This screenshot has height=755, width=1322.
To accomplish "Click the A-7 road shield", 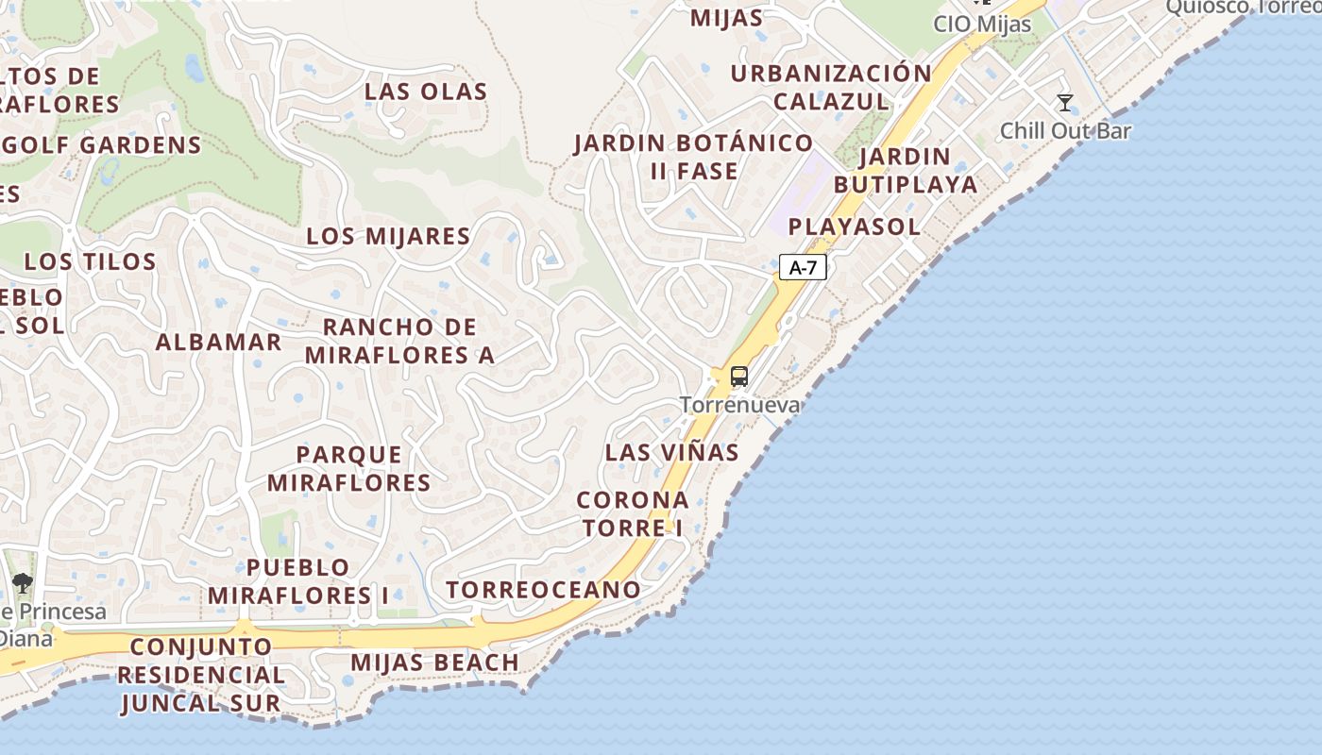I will point(803,268).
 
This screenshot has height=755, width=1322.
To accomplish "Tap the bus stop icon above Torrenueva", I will point(739,377).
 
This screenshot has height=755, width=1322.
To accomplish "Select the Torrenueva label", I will point(739,406).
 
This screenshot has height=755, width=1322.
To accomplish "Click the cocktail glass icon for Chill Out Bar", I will point(1065,103).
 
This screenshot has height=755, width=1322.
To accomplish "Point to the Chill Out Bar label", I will point(1065,131).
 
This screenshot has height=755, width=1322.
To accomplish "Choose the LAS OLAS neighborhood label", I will point(426,92).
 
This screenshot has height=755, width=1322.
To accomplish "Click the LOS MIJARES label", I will point(388,236).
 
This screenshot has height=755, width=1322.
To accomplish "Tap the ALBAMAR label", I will point(218,342).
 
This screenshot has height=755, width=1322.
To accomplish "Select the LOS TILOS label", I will point(90,261).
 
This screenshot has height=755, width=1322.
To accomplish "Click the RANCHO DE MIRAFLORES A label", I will point(399,341).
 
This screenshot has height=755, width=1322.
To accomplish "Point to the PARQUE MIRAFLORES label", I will point(349,469).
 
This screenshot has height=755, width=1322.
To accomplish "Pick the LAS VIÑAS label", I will point(671,452).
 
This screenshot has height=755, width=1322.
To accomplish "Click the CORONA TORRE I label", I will point(633,513).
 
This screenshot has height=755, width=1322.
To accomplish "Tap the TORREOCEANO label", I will point(543,590).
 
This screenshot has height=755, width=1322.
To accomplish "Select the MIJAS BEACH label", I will point(434,663).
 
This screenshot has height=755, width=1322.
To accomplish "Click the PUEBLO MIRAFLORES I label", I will point(298,581).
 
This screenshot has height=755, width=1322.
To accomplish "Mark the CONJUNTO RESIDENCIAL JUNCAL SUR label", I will point(201,675).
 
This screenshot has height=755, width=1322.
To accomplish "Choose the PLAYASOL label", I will point(854,226).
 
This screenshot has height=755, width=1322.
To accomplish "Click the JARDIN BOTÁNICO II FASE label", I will point(693,157).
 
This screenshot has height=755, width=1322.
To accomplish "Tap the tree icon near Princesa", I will point(22,583).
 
